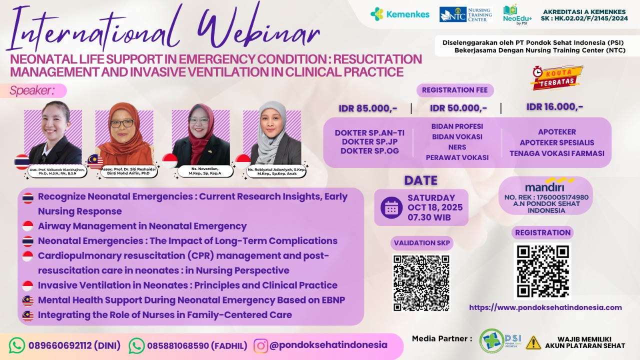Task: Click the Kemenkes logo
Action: [399, 14]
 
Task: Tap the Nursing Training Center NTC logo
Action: [465, 14]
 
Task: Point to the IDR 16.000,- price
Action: [554, 106]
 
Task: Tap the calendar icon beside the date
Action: [391, 207]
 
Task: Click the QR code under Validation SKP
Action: [421, 282]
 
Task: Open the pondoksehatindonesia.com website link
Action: [545, 307]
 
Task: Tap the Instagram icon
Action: [260, 345]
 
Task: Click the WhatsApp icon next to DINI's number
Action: [17, 345]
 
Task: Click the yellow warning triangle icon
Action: [533, 342]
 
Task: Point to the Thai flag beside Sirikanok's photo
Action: [22, 161]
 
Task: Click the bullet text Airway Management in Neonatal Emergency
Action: [142, 226]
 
